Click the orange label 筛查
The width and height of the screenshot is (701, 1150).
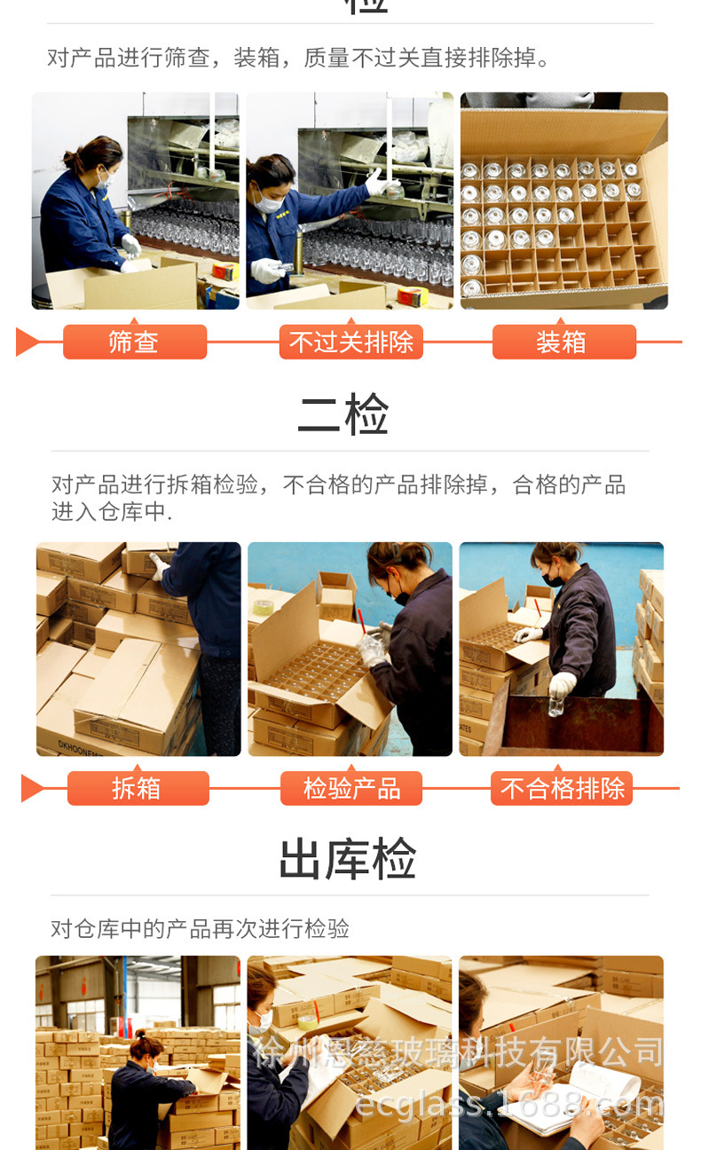pos(134,342)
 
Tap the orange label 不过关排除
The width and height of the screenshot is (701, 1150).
pos(350,342)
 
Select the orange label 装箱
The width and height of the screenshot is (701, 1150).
pos(563,342)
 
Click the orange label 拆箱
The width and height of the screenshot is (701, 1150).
pos(138,788)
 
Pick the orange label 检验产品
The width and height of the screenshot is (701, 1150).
pos(351,788)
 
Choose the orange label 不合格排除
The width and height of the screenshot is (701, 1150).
pos(562,788)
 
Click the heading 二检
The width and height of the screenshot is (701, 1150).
pos(343,414)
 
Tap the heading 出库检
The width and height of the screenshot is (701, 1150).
pos(347,859)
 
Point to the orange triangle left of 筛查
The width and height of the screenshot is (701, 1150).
pos(28,342)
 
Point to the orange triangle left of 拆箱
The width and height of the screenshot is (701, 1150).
pos(32,788)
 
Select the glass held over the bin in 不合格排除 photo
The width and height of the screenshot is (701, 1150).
pos(555,706)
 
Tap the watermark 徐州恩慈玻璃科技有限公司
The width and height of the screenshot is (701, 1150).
pos(458,1052)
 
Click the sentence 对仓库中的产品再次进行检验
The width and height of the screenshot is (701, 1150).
pos(200,929)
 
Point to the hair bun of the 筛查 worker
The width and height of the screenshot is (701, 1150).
pos(71,159)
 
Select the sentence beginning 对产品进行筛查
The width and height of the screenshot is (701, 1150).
pos(298,59)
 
